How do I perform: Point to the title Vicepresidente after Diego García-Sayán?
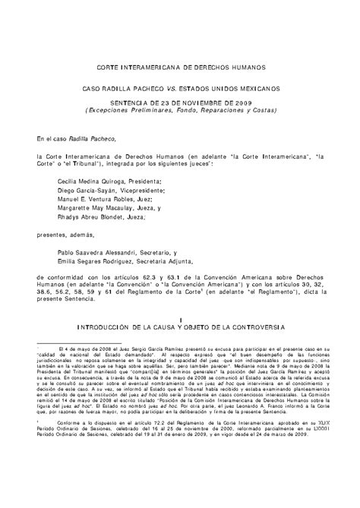coord(142,191)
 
